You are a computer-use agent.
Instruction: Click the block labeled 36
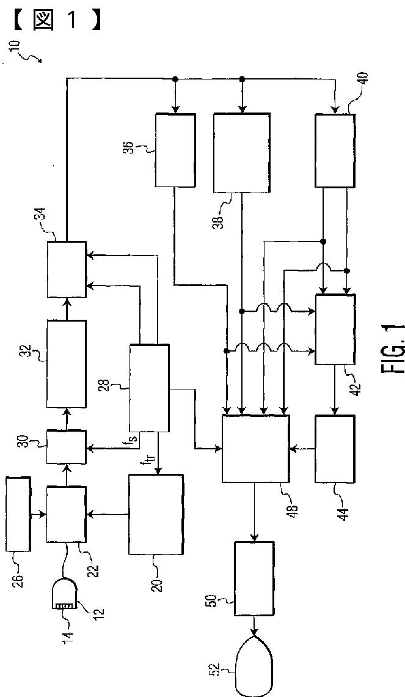click(x=175, y=150)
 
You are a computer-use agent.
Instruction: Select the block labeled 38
click(x=242, y=153)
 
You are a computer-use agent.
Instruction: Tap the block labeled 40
click(x=335, y=150)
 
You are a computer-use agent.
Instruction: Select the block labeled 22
click(x=67, y=515)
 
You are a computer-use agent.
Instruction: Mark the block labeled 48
click(x=256, y=449)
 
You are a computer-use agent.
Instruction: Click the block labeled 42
click(x=335, y=330)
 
